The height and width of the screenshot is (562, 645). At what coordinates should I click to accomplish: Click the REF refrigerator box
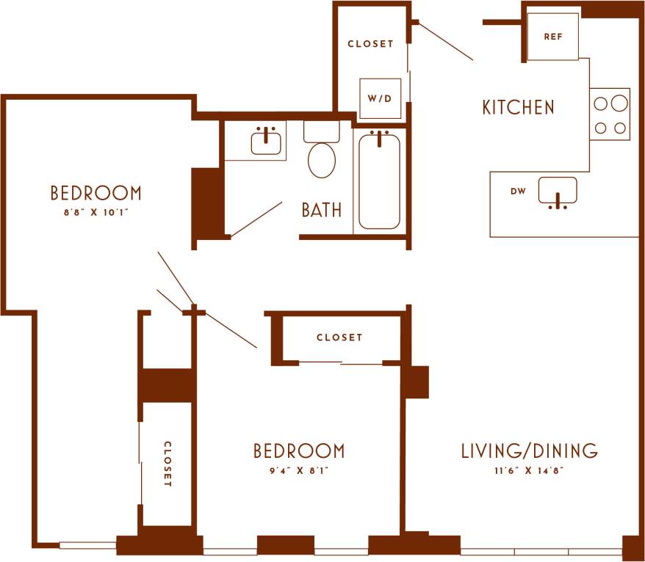point(553,37)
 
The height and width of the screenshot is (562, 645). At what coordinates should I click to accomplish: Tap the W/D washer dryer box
point(380,98)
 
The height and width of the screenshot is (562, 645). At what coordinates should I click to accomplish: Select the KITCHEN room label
point(518,107)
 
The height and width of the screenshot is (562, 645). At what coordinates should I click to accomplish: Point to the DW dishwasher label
point(518,191)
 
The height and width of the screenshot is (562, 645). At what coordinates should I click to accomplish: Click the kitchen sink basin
point(558,191)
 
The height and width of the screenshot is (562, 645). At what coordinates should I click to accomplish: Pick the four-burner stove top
point(610,114)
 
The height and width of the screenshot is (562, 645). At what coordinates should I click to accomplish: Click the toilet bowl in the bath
point(322,160)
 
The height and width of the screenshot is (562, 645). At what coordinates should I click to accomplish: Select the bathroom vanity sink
point(267,142)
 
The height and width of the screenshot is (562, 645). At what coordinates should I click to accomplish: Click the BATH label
point(322,210)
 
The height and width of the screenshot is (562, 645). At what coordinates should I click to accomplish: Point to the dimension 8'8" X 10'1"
point(96,214)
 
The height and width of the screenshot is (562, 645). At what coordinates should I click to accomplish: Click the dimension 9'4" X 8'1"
point(298,470)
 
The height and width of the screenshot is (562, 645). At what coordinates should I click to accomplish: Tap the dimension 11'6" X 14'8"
point(529,470)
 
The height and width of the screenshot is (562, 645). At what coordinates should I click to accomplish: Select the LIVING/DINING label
point(529,450)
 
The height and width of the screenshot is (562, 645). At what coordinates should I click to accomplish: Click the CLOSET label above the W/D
point(370,44)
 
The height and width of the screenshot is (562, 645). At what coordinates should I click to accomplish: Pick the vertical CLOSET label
point(167,464)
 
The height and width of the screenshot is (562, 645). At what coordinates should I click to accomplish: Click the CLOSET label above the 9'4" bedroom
point(339,337)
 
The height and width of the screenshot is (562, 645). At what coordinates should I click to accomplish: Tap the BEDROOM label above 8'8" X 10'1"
point(96,193)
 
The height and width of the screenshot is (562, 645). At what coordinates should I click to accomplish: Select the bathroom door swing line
point(256,219)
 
